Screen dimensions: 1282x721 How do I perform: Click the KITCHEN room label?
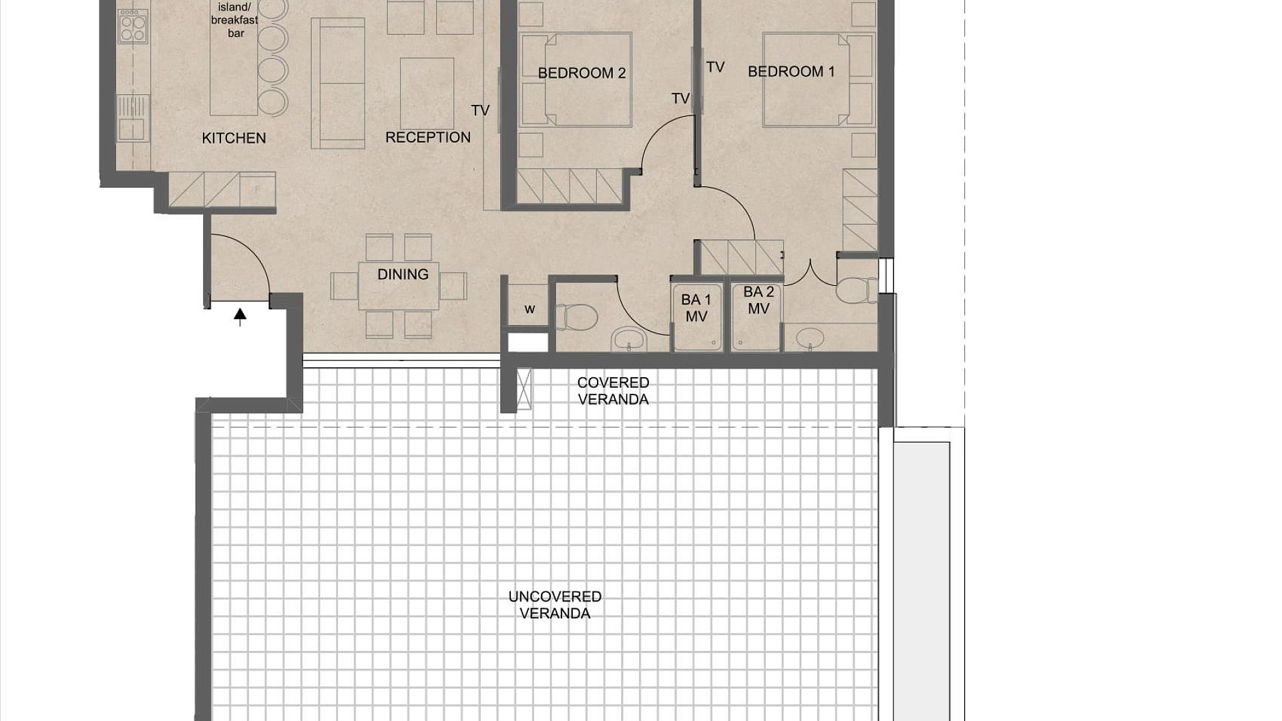coord(234,138)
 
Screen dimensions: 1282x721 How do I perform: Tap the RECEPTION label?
coord(428,138)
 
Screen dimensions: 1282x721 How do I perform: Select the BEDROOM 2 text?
coord(582,73)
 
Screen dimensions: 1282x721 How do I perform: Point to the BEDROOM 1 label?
coord(791,71)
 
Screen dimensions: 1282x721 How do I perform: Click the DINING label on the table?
coord(403,274)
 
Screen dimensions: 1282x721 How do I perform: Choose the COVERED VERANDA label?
coord(613,391)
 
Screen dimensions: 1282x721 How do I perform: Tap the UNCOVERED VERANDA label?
coord(555,605)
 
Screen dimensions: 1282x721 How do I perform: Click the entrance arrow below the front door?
coord(240,316)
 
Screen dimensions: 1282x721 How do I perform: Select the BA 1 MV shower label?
coord(696,308)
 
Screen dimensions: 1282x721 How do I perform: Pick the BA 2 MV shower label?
coord(759,300)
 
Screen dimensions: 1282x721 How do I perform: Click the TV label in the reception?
coord(480,110)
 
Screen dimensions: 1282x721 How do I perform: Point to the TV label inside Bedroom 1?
coord(715,67)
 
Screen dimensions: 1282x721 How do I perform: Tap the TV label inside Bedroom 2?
coord(680,99)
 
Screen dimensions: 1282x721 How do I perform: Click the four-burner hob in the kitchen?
coord(132,27)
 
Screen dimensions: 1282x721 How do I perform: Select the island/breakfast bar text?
coord(235,20)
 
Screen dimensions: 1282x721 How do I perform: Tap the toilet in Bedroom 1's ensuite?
coord(857,290)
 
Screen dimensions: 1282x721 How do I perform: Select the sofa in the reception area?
coord(338,83)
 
